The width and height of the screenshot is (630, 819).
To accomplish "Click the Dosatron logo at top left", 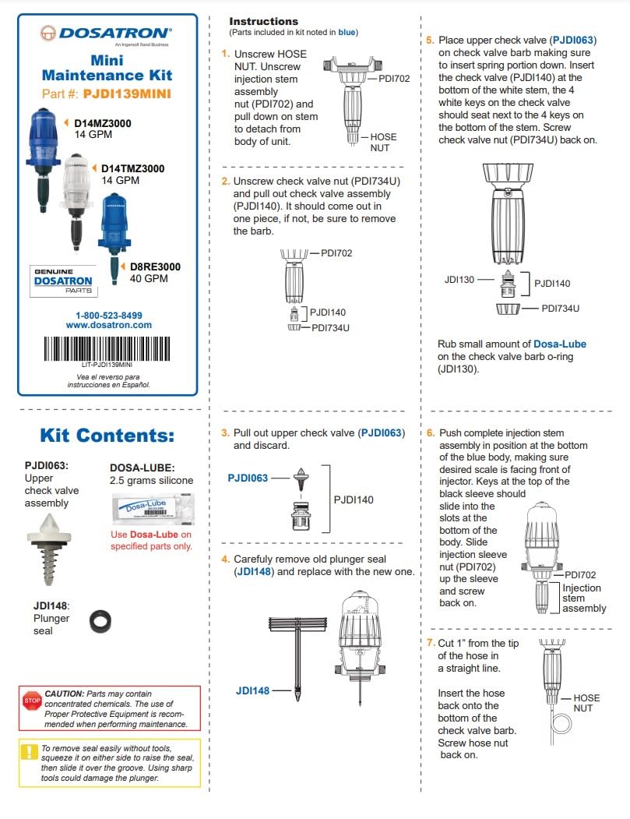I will tap(106, 34).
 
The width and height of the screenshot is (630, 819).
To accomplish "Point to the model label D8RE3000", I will tap(155, 267).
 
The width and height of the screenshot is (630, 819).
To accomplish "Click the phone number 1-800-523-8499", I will tap(108, 315).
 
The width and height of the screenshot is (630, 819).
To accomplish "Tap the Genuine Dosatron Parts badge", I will tap(63, 281).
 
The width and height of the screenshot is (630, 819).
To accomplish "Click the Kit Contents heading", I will tap(107, 435).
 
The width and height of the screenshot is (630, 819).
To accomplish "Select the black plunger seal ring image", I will tap(101, 620).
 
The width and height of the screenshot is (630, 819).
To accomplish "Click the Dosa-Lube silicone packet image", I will tap(151, 510).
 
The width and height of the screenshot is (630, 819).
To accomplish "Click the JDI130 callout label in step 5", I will tap(460, 278).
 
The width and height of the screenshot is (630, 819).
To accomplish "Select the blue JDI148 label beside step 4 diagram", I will tap(252, 690).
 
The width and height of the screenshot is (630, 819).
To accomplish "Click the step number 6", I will tap(431, 432).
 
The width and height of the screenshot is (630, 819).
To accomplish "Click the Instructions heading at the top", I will tap(263, 21).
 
